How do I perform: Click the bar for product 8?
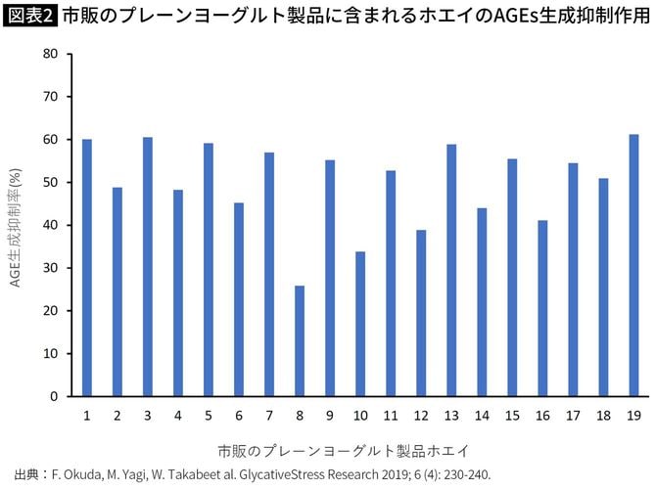tap(300, 341)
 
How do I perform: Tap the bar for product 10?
tap(360, 324)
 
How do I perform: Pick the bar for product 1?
tap(87, 268)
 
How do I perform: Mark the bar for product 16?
tap(542, 308)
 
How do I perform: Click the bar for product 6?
tap(239, 299)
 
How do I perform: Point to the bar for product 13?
tap(451, 271)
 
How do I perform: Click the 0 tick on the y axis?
tap(55, 397)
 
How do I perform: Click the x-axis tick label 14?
tap(482, 416)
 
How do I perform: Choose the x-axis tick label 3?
tap(148, 416)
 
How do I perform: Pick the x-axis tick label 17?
tap(573, 416)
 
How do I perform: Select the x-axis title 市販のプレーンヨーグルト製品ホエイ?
tap(343, 451)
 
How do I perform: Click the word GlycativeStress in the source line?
tap(311, 474)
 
